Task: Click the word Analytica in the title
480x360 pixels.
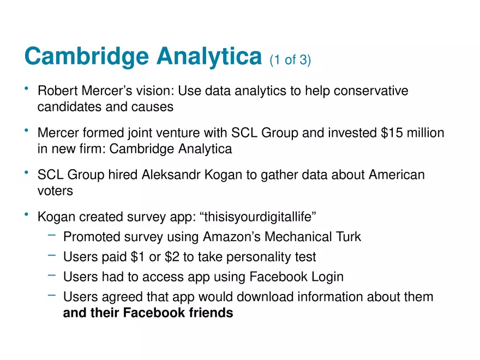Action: pyautogui.click(x=209, y=57)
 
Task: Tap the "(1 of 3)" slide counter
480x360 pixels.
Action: pyautogui.click(x=290, y=59)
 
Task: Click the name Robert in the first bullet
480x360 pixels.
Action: pyautogui.click(x=58, y=91)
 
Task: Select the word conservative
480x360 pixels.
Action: pyautogui.click(x=371, y=91)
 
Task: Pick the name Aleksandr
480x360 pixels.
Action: pyautogui.click(x=171, y=175)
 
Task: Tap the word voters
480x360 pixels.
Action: pyautogui.click(x=55, y=191)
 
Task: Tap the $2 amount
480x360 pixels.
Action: pyautogui.click(x=172, y=257)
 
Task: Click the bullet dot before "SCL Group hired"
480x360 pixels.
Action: pyautogui.click(x=27, y=172)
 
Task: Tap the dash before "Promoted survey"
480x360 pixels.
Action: pyautogui.click(x=52, y=235)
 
